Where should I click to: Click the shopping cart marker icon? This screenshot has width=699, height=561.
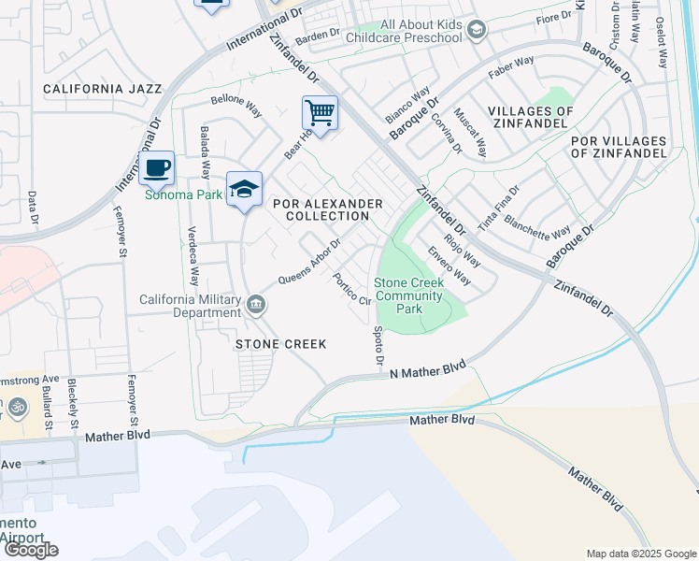[x=320, y=114]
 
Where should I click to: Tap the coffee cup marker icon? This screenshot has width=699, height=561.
[x=157, y=168]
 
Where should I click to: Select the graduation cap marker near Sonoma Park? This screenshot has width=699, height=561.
[x=244, y=189]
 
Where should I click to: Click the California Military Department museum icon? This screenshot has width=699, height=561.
[x=255, y=305]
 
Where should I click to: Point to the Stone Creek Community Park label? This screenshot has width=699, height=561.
[x=408, y=295]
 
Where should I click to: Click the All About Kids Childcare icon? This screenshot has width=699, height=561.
[x=477, y=32]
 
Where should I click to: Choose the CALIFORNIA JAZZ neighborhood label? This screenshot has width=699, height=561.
[x=103, y=89]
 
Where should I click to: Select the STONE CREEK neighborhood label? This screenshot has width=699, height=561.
[x=280, y=344]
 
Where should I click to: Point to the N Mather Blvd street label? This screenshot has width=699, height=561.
[x=427, y=369]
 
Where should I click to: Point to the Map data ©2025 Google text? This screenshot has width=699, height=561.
[x=640, y=554]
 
